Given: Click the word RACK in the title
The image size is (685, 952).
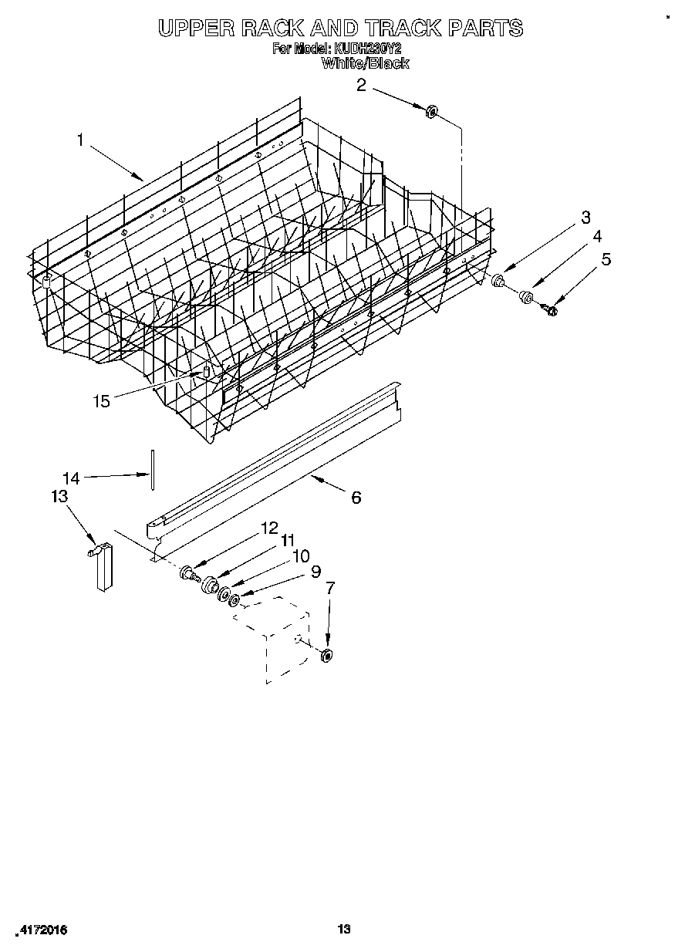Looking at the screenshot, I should coord(274,29).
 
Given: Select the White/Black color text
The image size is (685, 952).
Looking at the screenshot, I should coord(364,63).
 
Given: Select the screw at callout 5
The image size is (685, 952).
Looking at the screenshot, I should coord(550,309).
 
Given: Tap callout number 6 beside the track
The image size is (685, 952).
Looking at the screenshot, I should coord(356,498).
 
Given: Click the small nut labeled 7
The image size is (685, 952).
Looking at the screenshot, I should coord(326,656).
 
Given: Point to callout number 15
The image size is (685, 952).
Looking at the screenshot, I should coord(101,400).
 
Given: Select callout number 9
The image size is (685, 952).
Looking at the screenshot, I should coord(315,572).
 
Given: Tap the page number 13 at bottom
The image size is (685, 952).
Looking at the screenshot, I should coord(344,930).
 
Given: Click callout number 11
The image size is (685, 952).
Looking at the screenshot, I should coord(288,540).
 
